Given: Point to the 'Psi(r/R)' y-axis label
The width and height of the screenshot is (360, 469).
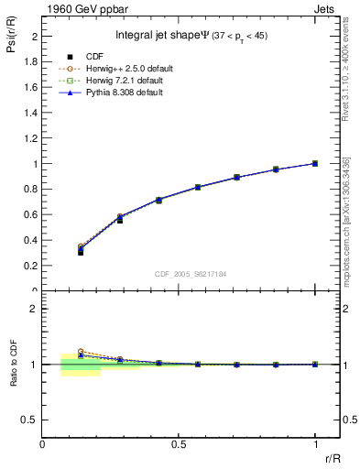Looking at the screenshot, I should coord(12,38).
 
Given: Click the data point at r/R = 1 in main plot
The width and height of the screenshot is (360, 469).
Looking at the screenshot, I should coord(315,164).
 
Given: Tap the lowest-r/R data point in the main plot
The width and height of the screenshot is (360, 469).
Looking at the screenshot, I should coord(81,250).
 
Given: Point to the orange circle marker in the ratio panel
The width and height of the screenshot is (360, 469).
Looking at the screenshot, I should coord(81,352).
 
